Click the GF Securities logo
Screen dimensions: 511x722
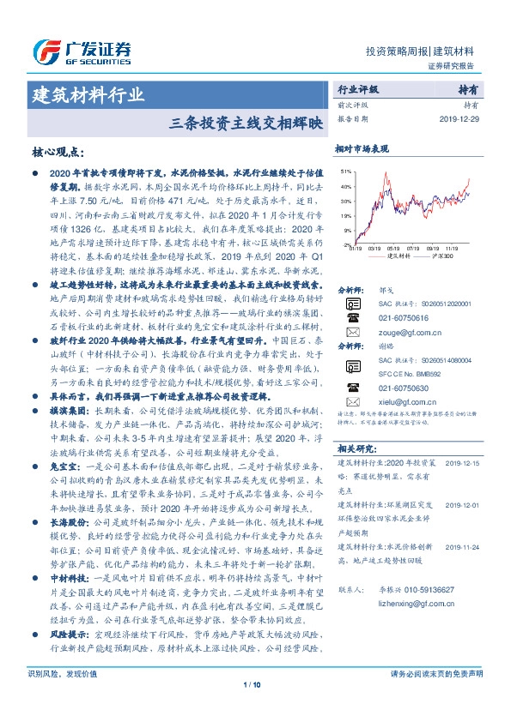tap(81, 50)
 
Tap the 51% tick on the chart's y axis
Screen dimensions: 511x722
tap(344, 171)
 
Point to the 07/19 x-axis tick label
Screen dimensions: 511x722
tap(414, 248)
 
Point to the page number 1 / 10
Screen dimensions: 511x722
tap(255, 708)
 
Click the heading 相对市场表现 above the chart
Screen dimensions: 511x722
tap(362, 147)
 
